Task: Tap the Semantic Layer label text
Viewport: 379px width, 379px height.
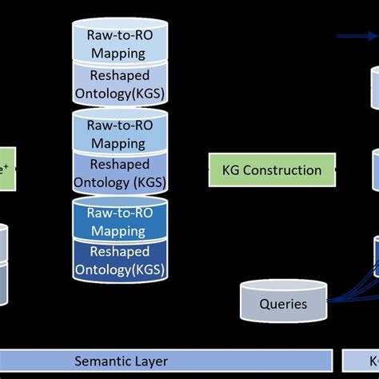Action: point(122,361)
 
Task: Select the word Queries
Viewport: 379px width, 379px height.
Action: point(282,305)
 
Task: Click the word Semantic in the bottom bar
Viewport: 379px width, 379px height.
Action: point(102,361)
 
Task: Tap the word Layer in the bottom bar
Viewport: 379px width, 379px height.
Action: point(150,361)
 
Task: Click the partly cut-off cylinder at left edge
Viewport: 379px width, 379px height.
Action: point(5,264)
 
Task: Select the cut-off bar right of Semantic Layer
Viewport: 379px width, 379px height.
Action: point(361,361)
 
